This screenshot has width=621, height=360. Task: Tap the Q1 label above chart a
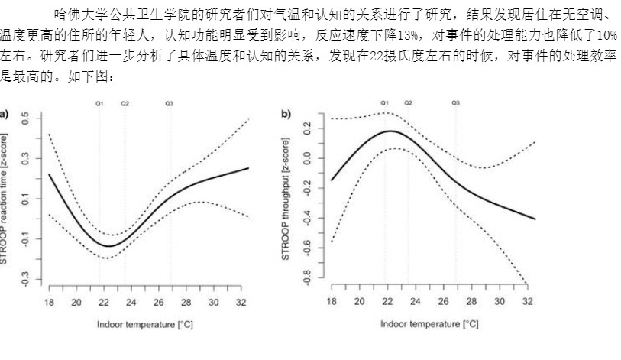point(99,102)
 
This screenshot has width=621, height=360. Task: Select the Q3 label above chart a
point(170,102)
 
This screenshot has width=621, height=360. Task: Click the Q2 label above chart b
point(409,102)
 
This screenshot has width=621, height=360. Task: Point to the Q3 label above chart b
point(456,102)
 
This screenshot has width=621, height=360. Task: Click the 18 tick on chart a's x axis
point(48,303)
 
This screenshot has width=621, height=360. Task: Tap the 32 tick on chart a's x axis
point(241,303)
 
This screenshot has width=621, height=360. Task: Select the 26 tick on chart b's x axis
point(444,303)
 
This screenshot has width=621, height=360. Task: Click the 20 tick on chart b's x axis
point(359,303)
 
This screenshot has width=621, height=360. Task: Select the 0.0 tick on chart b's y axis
point(306,159)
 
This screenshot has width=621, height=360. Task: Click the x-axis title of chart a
point(144,324)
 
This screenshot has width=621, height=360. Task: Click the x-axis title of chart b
point(429,324)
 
